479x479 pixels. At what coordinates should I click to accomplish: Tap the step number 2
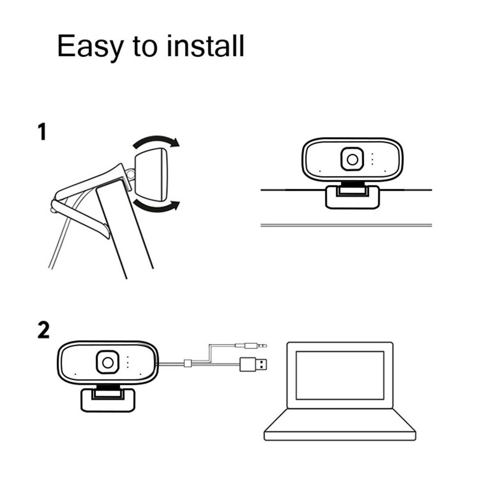pos(43,330)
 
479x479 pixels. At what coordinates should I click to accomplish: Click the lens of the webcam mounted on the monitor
pos(352,160)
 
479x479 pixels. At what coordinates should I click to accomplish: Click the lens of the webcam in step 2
pos(108,362)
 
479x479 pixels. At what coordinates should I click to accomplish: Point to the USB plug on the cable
pos(256,365)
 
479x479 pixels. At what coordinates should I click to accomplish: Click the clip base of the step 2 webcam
pos(106,399)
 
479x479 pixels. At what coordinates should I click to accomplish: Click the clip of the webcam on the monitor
pos(352,197)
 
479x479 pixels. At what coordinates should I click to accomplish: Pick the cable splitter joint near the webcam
pos(187,364)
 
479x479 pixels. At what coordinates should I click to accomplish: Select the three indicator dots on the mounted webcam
pos(372,159)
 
